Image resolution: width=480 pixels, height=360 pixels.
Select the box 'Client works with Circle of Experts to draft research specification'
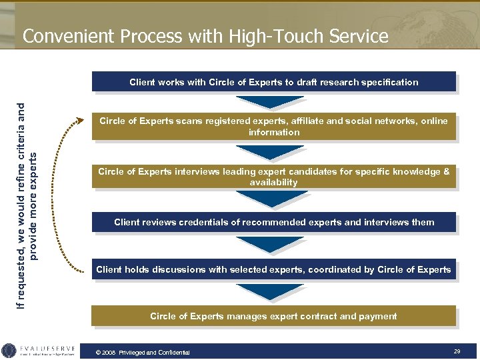coord(274,82)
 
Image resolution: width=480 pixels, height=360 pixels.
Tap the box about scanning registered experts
coord(274,127)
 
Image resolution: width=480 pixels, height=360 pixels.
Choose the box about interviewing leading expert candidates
coord(274,177)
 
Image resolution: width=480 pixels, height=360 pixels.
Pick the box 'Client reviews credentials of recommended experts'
coord(274,222)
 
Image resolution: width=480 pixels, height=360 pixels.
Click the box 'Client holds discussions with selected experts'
coord(274,269)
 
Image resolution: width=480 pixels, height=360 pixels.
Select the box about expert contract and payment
coord(274,316)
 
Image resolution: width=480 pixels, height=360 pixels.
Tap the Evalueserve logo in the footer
coord(40,351)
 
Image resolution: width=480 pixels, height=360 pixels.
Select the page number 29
coord(457,351)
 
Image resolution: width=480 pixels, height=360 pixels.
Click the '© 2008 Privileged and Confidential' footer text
coord(143,352)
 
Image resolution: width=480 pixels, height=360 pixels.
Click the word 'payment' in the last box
coord(379,316)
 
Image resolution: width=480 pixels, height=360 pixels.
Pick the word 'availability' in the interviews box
coord(274,182)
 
